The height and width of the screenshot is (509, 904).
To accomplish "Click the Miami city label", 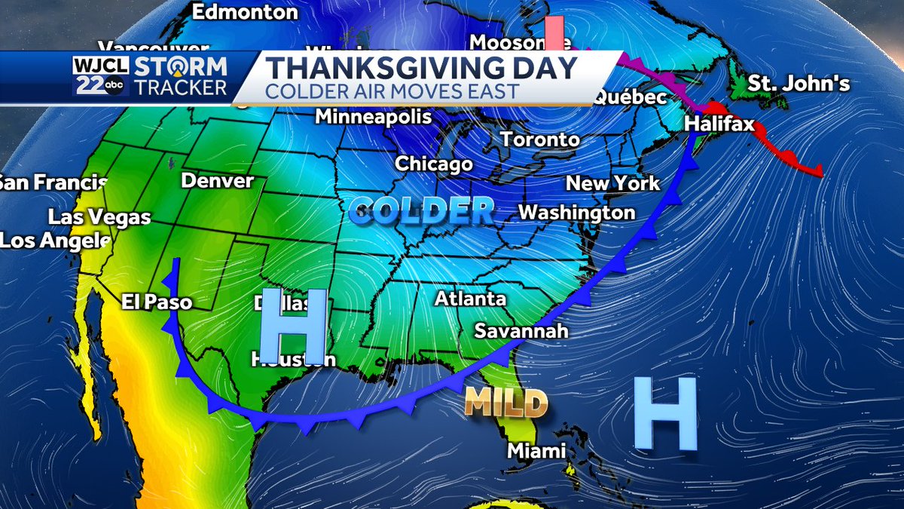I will coord(536,451).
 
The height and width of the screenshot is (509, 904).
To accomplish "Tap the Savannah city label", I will coord(521,331).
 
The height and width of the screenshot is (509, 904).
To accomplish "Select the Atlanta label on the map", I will coord(470,299).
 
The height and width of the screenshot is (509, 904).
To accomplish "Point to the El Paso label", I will coord(157,302).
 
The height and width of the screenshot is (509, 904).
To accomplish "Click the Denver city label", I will coord(218,181).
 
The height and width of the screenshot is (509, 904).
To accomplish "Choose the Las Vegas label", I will coord(99,217).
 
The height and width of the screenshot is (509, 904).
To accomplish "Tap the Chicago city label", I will coord(434,164).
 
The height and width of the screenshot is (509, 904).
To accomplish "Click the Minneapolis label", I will coord(373,117).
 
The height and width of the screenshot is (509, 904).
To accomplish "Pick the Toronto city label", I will coord(540,140).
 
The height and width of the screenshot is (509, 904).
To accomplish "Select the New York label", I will coord(612,183).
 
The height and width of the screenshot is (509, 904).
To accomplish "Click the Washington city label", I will coord(577,213).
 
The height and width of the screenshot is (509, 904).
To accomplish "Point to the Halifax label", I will coord(720,124).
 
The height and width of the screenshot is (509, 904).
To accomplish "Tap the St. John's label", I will coord(799,83).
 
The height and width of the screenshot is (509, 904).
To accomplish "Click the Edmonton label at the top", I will coord(245,12).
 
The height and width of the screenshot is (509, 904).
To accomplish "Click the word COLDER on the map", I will coord(422,210).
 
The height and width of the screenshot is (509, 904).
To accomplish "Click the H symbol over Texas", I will coord(293,325).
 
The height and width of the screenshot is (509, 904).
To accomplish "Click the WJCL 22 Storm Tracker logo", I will coord(151,78).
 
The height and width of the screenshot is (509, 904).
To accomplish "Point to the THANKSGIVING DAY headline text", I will coord(421,68).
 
